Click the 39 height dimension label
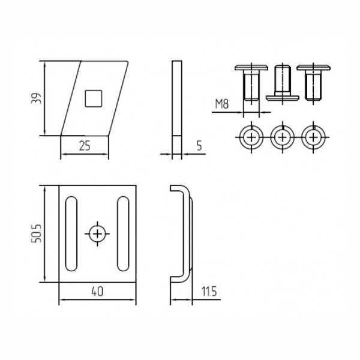[x=36, y=98]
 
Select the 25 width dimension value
[x=85, y=146]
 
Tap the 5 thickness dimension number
[x=199, y=146]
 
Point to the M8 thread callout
[x=222, y=104]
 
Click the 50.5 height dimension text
[x=36, y=233]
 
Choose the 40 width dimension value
[x=97, y=292]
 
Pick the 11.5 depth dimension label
[x=209, y=292]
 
